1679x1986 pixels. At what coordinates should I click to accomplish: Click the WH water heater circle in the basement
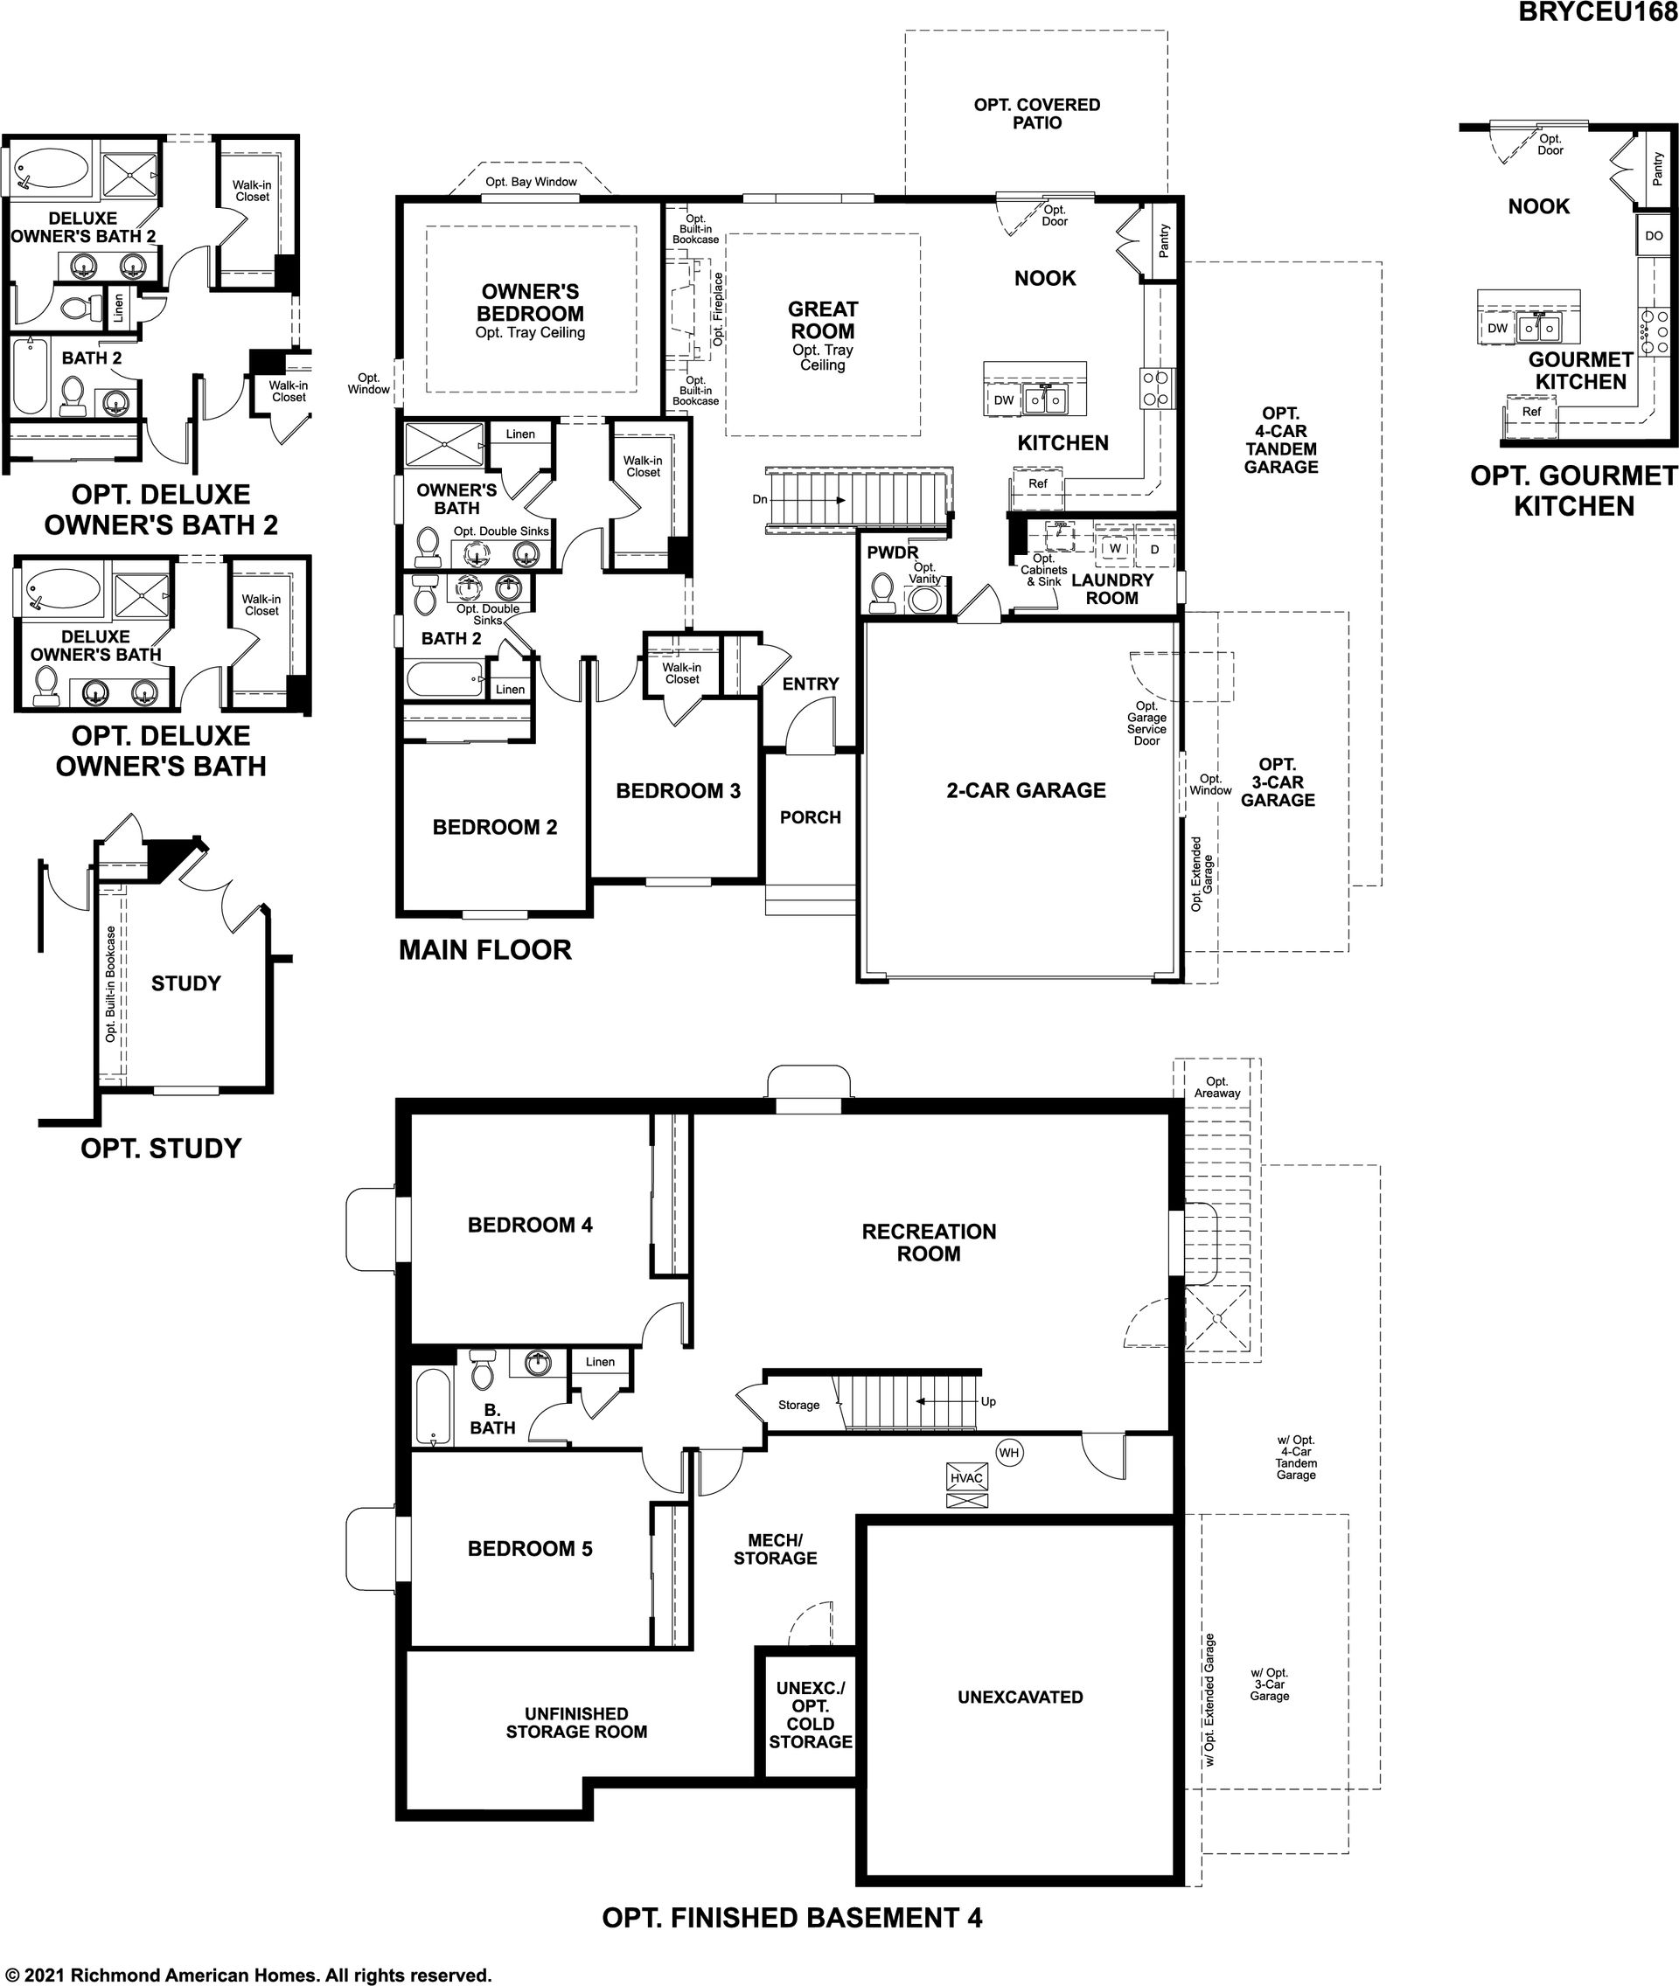pyautogui.click(x=1009, y=1452)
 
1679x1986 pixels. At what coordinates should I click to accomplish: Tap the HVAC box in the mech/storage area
pyautogui.click(x=967, y=1478)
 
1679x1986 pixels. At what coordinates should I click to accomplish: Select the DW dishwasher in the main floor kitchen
pyautogui.click(x=1004, y=400)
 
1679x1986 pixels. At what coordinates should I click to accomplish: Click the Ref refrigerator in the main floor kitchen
pyautogui.click(x=1036, y=484)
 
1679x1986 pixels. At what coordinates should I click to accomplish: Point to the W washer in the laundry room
pyautogui.click(x=1115, y=549)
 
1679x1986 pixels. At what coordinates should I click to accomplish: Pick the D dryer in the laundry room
pyautogui.click(x=1154, y=549)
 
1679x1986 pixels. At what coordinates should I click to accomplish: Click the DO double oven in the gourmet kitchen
pyautogui.click(x=1654, y=236)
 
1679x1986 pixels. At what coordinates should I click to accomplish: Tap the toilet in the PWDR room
pyautogui.click(x=881, y=593)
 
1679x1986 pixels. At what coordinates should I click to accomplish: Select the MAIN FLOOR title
pyautogui.click(x=485, y=949)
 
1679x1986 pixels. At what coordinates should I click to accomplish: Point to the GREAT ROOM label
pyautogui.click(x=823, y=321)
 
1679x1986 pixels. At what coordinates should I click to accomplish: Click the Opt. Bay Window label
pyautogui.click(x=531, y=182)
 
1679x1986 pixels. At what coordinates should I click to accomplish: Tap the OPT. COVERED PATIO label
pyautogui.click(x=1036, y=114)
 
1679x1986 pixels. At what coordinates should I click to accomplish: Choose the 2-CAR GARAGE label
pyautogui.click(x=1026, y=790)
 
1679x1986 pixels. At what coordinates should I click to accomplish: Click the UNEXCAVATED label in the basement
pyautogui.click(x=1021, y=1697)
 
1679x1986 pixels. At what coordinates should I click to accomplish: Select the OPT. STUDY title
pyautogui.click(x=162, y=1149)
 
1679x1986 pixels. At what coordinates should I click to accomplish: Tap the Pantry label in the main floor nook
pyautogui.click(x=1164, y=240)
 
